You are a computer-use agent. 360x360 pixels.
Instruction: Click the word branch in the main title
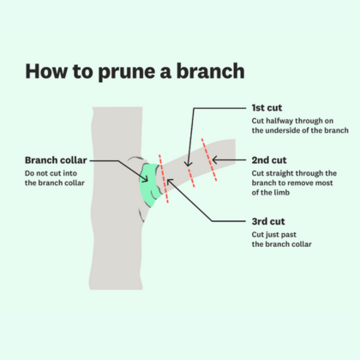click(x=209, y=69)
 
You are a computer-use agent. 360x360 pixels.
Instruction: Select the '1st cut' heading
click(x=269, y=108)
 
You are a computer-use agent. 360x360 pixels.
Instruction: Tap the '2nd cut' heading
click(x=270, y=159)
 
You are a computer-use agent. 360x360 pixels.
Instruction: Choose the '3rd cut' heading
click(x=270, y=220)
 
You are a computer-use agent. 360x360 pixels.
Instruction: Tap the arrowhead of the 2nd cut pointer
click(x=213, y=159)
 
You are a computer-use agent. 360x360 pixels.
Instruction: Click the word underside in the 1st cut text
click(x=288, y=132)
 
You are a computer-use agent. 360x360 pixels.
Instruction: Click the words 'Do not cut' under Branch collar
click(x=41, y=174)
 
